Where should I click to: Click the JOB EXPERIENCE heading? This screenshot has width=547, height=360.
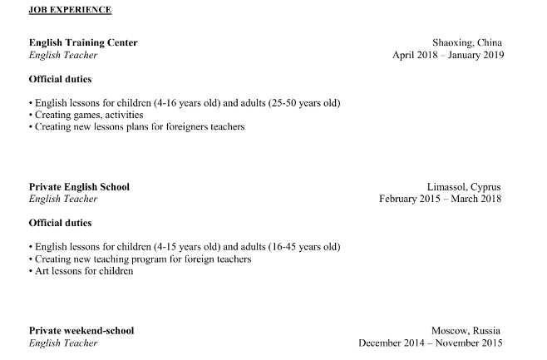70,10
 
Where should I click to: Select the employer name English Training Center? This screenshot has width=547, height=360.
83,42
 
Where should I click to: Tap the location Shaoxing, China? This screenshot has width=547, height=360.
466,42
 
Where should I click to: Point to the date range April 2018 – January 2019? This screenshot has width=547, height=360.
448,55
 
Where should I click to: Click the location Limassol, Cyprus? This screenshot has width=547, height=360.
464,186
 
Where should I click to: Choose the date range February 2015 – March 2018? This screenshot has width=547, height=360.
441,199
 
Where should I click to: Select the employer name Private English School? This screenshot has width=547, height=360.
79,186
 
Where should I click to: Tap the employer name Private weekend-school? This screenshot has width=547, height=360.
81,330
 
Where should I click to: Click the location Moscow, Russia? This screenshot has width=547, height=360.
466,330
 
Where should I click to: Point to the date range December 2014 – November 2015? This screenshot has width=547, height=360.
431,343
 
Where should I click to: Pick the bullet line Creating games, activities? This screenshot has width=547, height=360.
86,115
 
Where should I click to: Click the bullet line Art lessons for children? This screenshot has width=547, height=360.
81,271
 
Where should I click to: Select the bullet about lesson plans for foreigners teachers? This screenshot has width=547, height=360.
137,127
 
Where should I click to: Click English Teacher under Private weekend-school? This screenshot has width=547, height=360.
63,343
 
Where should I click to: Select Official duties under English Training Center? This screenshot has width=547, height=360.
60,79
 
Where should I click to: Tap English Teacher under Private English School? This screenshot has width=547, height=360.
63,199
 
